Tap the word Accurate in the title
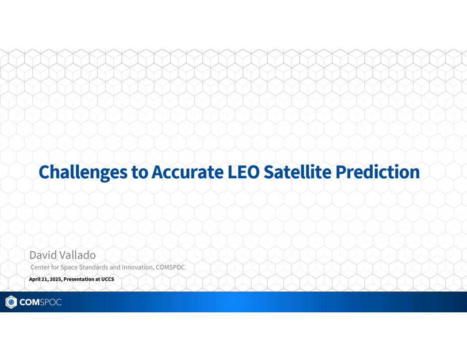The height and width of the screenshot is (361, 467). pyautogui.click(x=187, y=172)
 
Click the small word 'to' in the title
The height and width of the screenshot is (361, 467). pyautogui.click(x=140, y=173)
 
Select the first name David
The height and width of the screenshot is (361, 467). pyautogui.click(x=40, y=255)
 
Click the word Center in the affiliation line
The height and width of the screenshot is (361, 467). pyautogui.click(x=40, y=267)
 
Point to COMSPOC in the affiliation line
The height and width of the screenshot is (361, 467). pyautogui.click(x=170, y=267)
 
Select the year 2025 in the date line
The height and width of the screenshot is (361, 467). pyautogui.click(x=55, y=280)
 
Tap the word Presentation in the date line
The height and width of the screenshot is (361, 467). pyautogui.click(x=79, y=280)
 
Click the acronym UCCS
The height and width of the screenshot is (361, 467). pyautogui.click(x=107, y=280)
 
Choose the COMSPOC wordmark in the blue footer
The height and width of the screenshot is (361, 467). pyautogui.click(x=40, y=303)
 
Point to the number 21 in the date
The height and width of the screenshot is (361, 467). pyautogui.click(x=45, y=280)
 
